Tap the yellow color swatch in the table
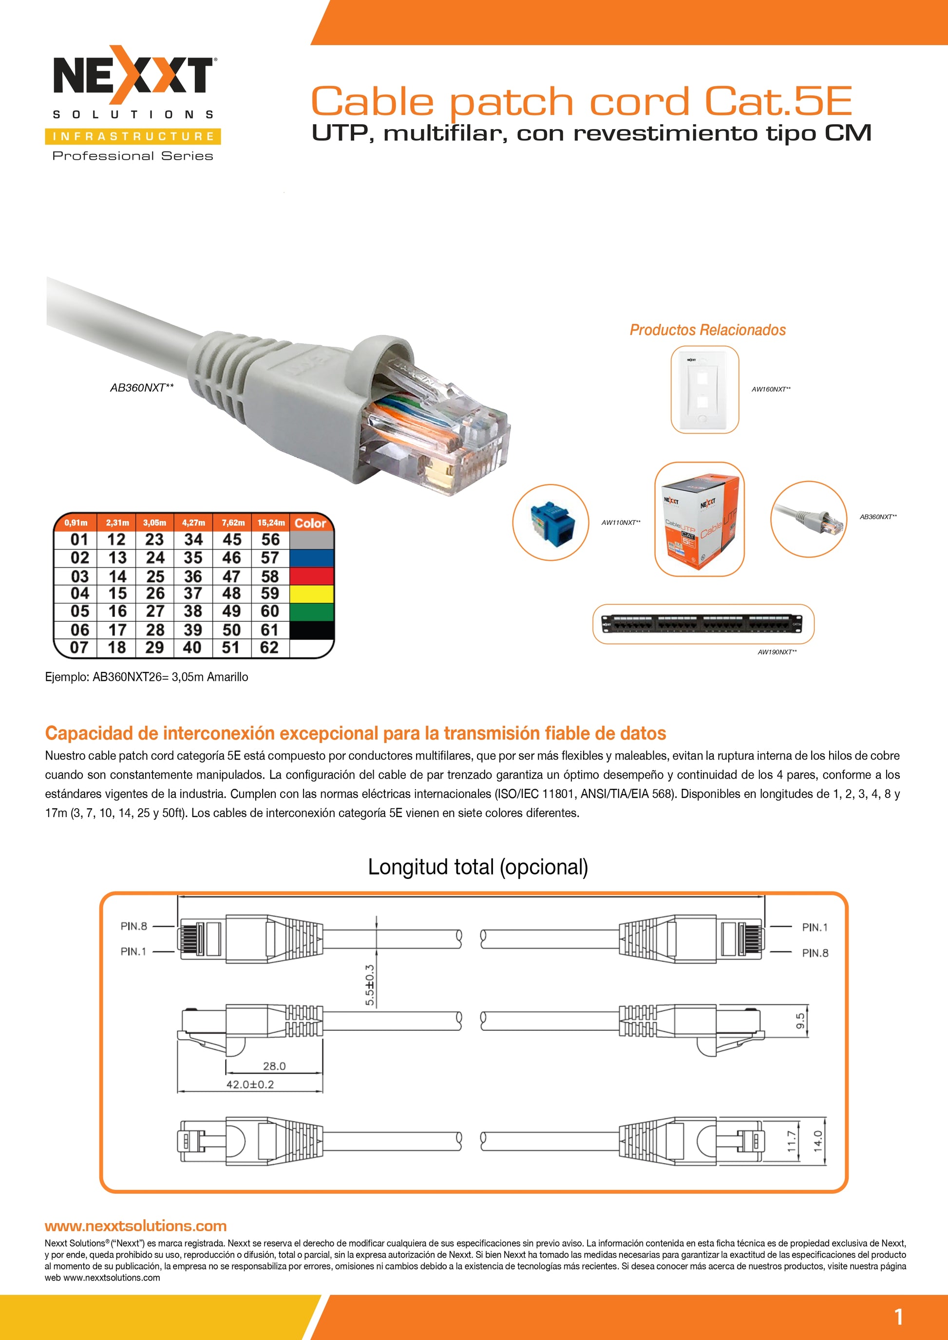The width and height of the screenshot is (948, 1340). click(x=312, y=594)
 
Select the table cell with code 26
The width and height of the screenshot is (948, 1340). click(x=155, y=594)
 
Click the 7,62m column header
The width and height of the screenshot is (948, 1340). click(x=232, y=522)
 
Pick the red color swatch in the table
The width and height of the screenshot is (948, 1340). click(x=312, y=576)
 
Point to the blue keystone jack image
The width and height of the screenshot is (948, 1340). click(x=550, y=522)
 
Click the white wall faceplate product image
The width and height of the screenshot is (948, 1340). click(x=704, y=389)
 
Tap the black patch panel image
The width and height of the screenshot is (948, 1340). click(x=703, y=624)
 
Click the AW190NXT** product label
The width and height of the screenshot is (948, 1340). click(x=777, y=652)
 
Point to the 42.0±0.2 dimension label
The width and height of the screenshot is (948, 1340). click(x=250, y=1084)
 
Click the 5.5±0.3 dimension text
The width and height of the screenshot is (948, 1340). click(x=370, y=985)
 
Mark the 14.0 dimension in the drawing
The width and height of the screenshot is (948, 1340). click(x=817, y=1139)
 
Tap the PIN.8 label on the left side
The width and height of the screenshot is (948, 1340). click(x=133, y=926)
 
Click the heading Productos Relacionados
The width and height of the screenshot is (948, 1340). click(x=707, y=330)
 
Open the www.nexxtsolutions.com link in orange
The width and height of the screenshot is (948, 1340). click(x=135, y=1226)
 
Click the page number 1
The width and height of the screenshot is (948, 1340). click(x=898, y=1317)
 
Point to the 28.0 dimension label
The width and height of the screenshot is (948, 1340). click(x=274, y=1066)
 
